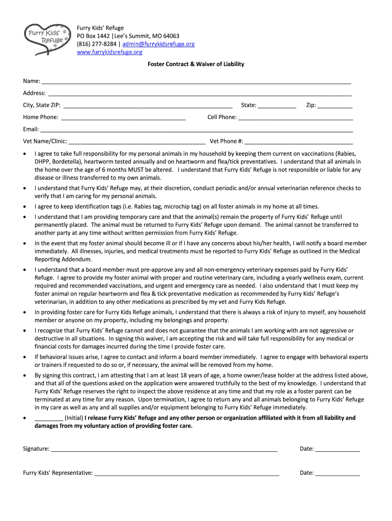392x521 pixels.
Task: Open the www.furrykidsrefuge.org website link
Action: pos(109,52)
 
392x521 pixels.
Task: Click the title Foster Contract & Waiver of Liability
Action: pos(196,64)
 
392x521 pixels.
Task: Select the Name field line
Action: pos(196,82)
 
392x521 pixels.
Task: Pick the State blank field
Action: pos(277,106)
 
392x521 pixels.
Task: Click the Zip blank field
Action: pos(335,106)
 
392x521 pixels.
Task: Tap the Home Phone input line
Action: pos(123,119)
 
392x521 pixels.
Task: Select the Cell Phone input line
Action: pos(296,119)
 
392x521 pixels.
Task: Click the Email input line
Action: pos(197,130)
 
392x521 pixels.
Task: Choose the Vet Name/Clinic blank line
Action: pos(137,142)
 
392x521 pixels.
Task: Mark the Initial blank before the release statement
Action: pos(49,419)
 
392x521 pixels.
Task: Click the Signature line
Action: pos(164,450)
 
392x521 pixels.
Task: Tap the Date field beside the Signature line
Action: pos(338,450)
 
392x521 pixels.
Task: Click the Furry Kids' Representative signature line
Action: pos(187,474)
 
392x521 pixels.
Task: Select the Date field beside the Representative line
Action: pos(338,474)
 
